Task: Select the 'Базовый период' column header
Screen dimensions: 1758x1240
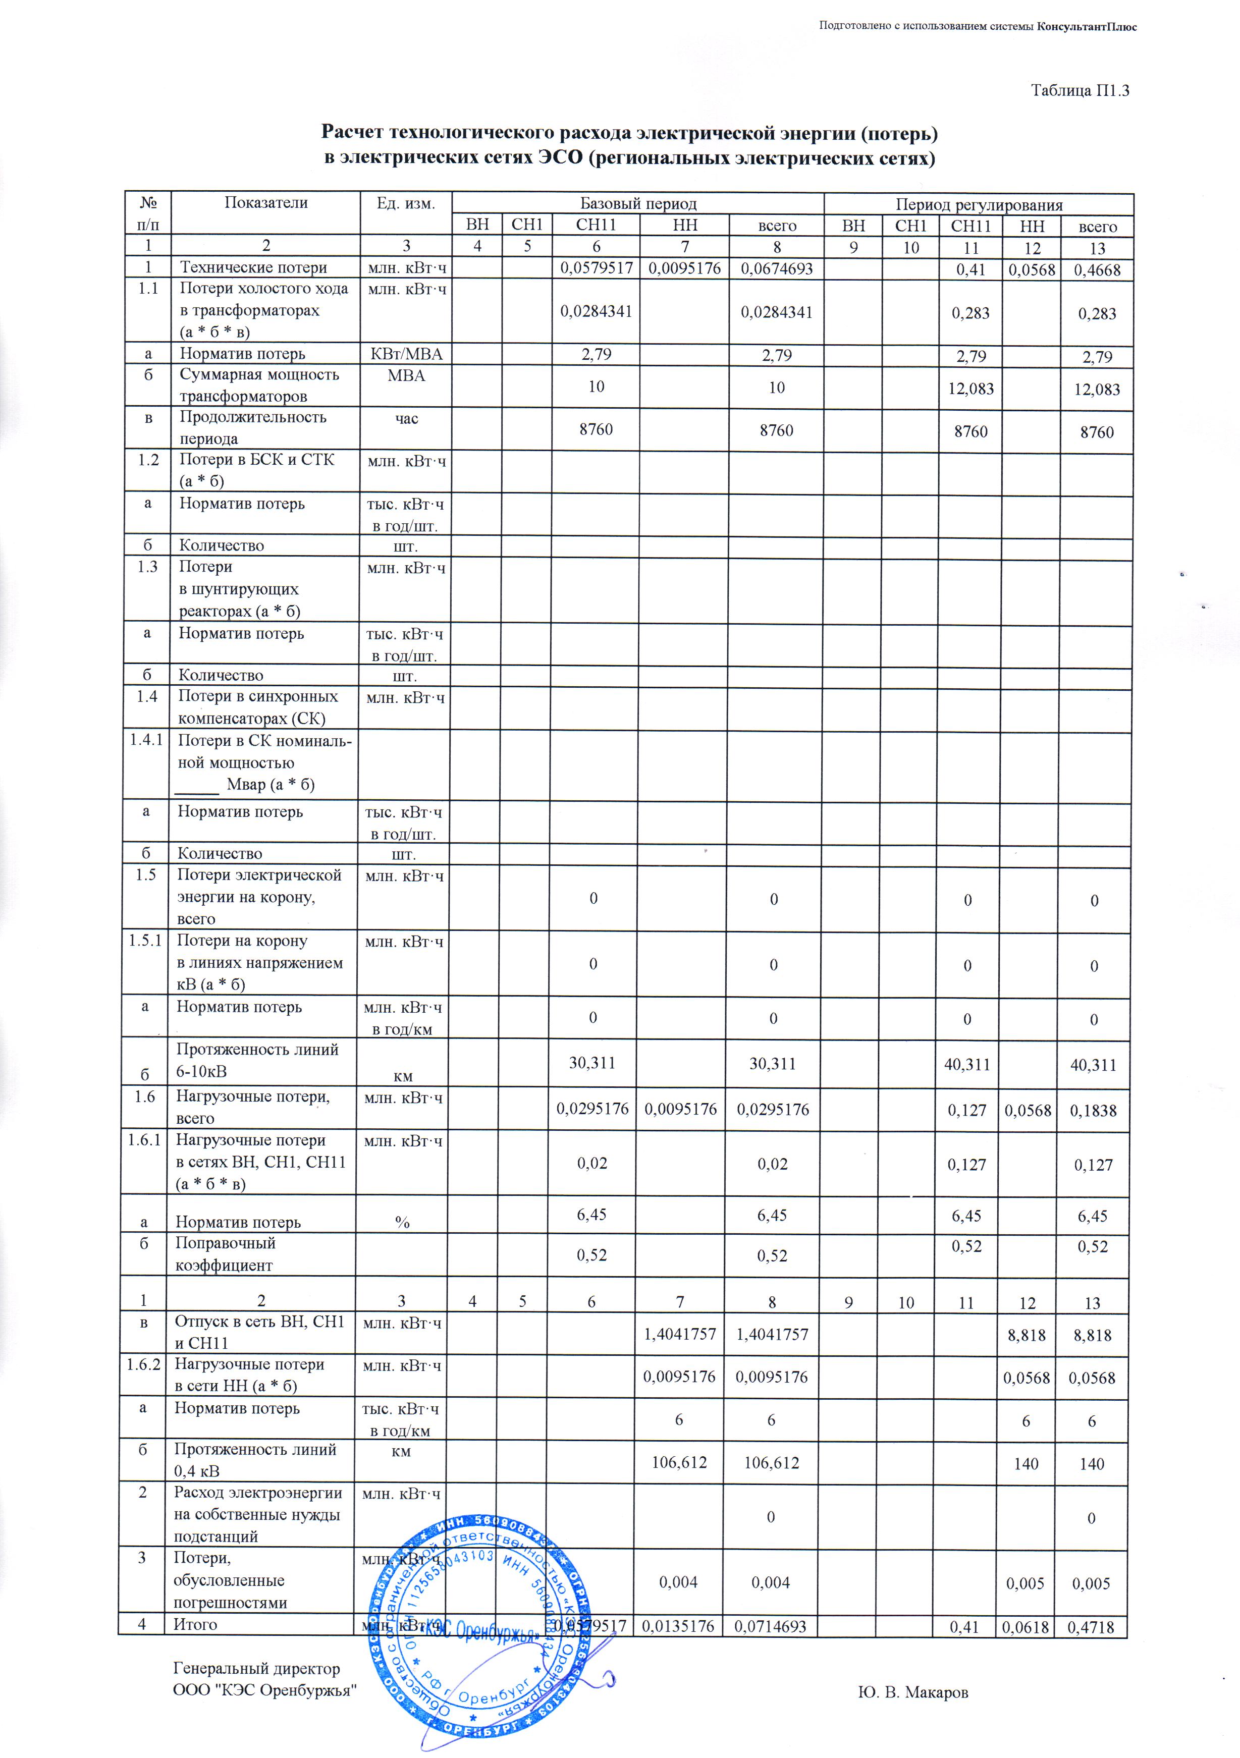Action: point(637,204)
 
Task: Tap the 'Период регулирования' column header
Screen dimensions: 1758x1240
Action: point(979,204)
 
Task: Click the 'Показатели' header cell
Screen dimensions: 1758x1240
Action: point(266,202)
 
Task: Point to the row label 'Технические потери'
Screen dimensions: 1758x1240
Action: point(253,267)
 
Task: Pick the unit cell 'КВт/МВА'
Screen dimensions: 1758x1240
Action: point(406,354)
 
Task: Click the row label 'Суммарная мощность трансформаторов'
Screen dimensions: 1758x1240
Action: point(259,385)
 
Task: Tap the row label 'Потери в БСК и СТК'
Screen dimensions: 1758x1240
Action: point(256,469)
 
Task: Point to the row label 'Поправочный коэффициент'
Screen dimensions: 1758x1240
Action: point(225,1254)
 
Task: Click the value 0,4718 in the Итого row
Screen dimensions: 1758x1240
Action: point(1092,1627)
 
